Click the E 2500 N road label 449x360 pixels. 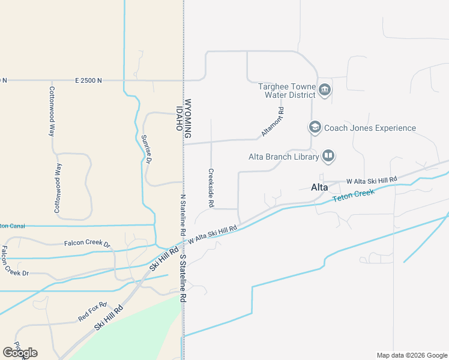pos(88,80)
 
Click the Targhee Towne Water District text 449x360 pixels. pos(287,91)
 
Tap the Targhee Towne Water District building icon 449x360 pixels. pos(325,91)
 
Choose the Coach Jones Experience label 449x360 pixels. pos(370,128)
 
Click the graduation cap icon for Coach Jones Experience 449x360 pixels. pos(315,127)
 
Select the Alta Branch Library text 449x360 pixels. pos(283,157)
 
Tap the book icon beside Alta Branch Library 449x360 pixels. pos(328,157)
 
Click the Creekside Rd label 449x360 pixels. pos(211,188)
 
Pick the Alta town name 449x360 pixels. pos(319,187)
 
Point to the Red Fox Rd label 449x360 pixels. pos(92,312)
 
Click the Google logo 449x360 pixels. pos(20,352)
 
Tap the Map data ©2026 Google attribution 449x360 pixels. pos(411,355)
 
